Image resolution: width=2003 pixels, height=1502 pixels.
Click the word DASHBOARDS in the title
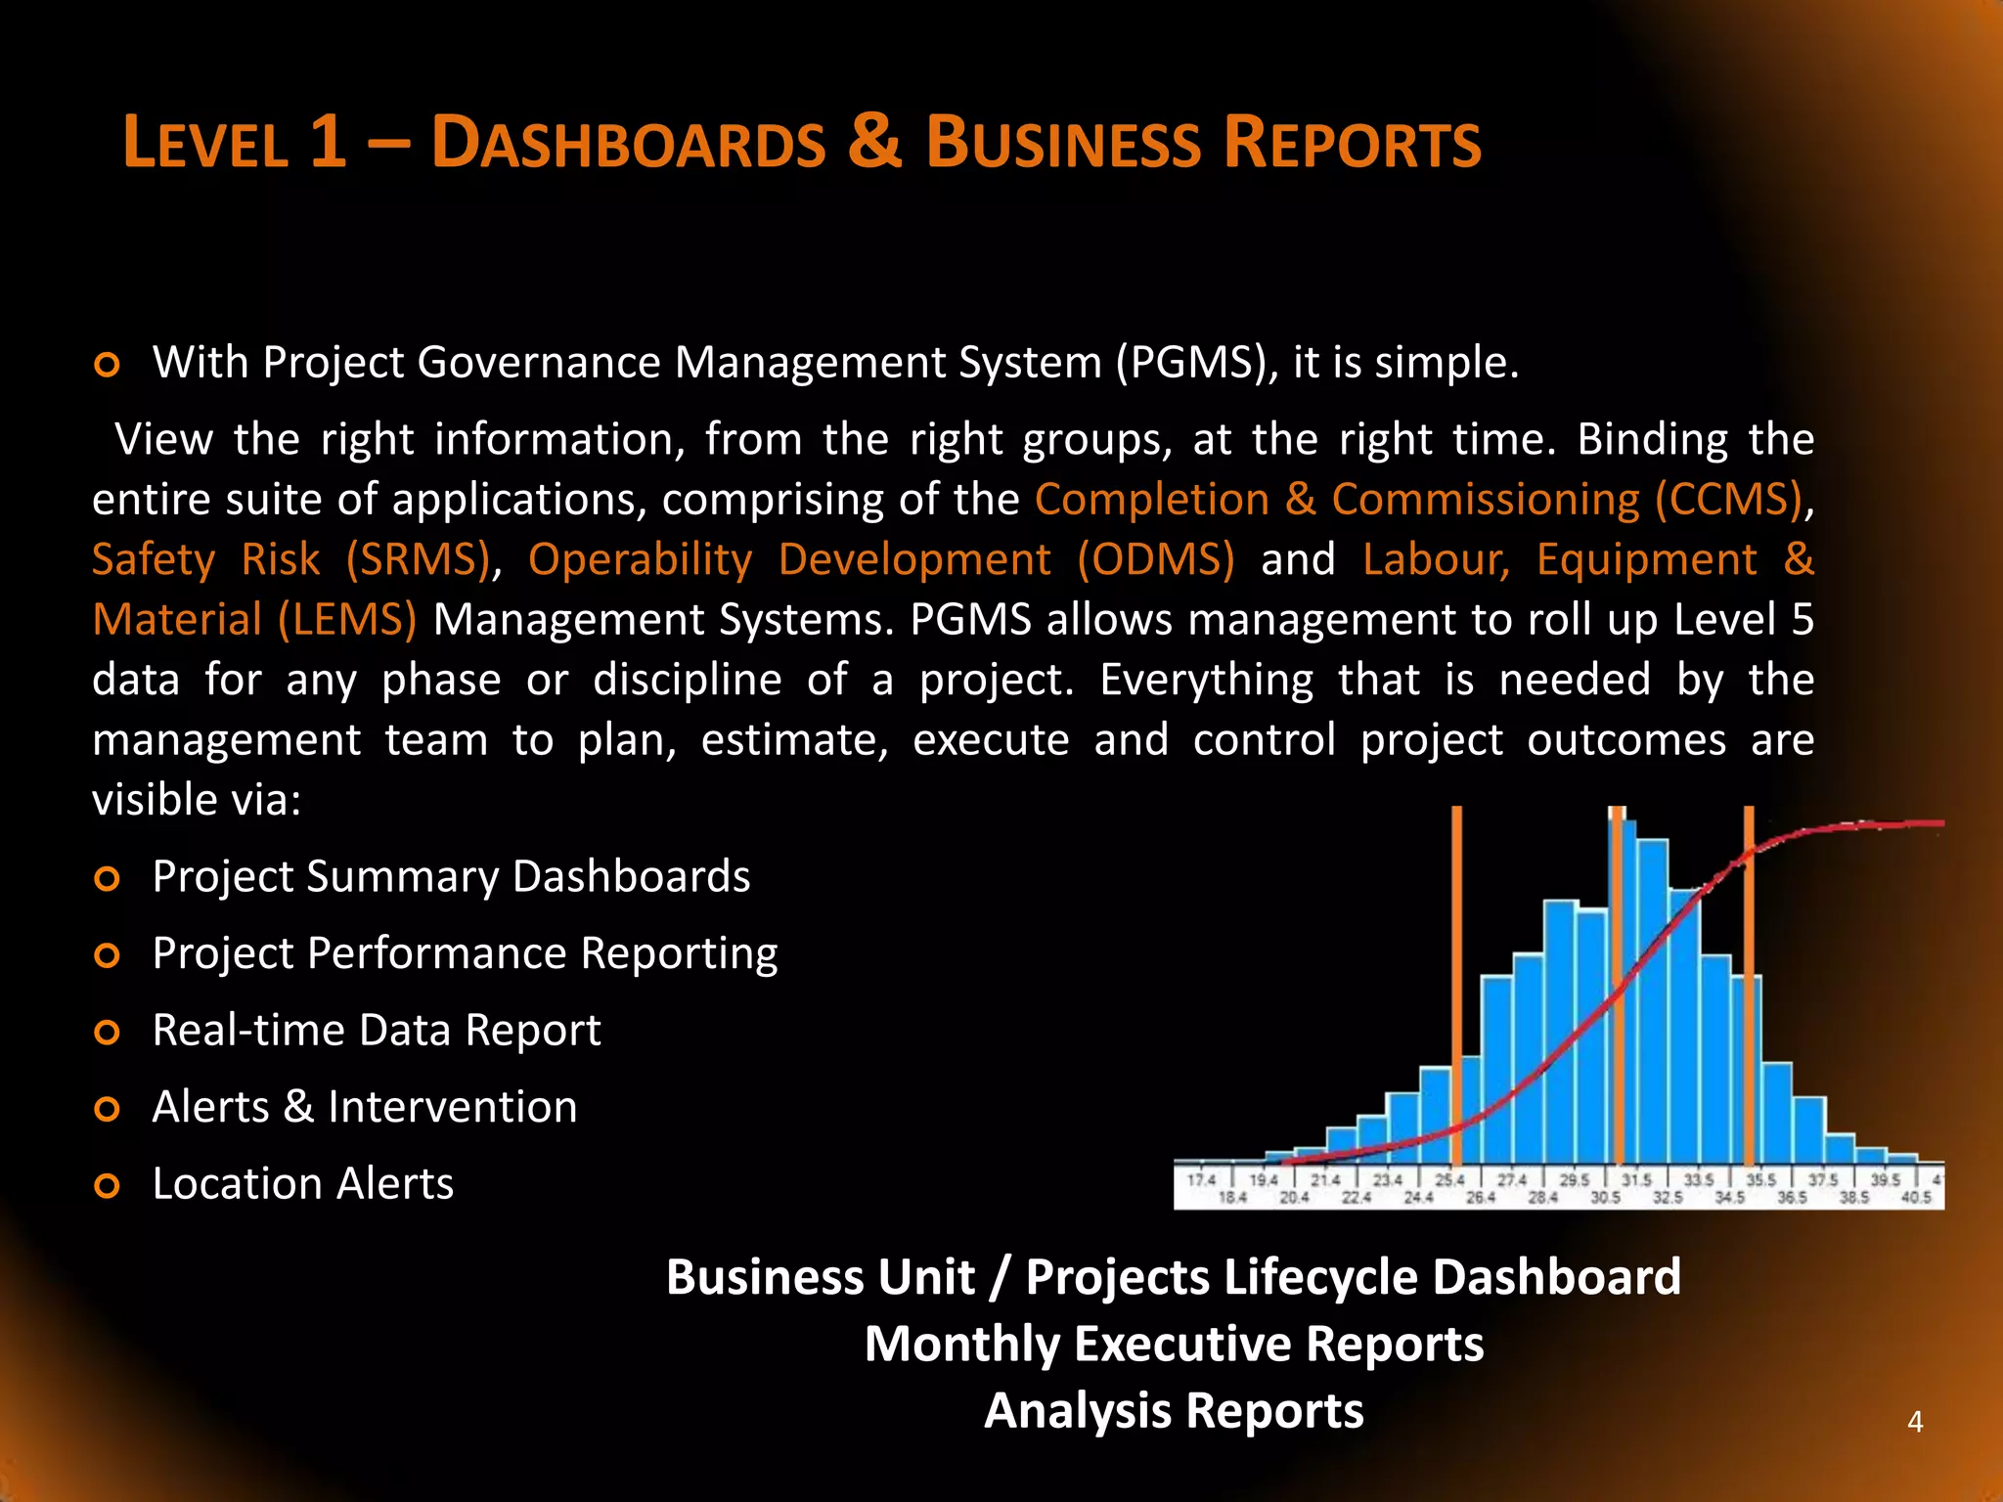coord(629,143)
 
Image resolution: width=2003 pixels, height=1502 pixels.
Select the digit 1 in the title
coord(328,141)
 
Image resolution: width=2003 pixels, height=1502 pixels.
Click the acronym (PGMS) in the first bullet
coord(1196,363)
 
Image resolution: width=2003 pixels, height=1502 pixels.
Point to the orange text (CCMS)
coord(1727,500)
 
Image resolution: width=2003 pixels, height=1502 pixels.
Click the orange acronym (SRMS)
coord(418,560)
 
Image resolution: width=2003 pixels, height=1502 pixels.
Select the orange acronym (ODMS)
coord(1156,560)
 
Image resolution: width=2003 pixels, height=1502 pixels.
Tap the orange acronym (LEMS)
coord(347,620)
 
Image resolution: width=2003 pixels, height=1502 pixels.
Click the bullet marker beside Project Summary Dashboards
coord(107,878)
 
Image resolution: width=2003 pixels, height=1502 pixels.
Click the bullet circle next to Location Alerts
coord(107,1186)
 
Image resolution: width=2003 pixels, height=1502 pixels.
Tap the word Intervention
coord(452,1107)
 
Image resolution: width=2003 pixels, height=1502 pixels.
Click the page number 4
coord(1915,1422)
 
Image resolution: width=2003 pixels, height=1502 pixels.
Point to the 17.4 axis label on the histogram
coord(1202,1180)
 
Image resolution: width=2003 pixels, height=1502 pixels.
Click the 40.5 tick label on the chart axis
coord(1915,1197)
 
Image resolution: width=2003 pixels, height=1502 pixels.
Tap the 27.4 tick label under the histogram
coord(1512,1180)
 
